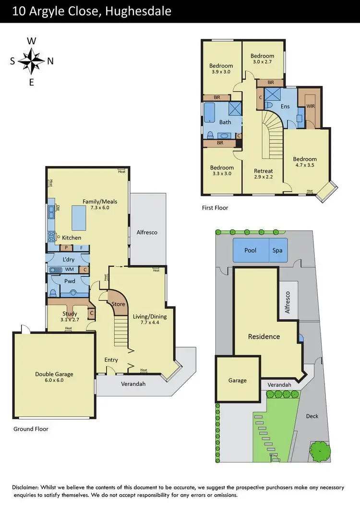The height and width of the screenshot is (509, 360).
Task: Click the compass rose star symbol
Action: [32, 61]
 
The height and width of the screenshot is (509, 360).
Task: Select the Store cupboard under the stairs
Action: [118, 304]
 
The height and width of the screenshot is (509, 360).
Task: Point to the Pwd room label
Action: [69, 281]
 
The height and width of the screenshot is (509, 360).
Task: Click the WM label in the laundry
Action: [69, 270]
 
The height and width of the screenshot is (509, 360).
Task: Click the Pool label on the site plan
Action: [251, 250]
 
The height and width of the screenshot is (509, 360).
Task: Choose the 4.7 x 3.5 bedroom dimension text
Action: [305, 166]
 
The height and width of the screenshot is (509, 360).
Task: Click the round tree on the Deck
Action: [320, 451]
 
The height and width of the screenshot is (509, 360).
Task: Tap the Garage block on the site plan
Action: [237, 380]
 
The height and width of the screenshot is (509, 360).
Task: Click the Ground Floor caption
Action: [31, 429]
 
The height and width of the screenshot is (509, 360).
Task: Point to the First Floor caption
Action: [215, 208]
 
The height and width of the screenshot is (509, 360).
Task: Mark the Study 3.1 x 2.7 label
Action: [70, 317]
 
